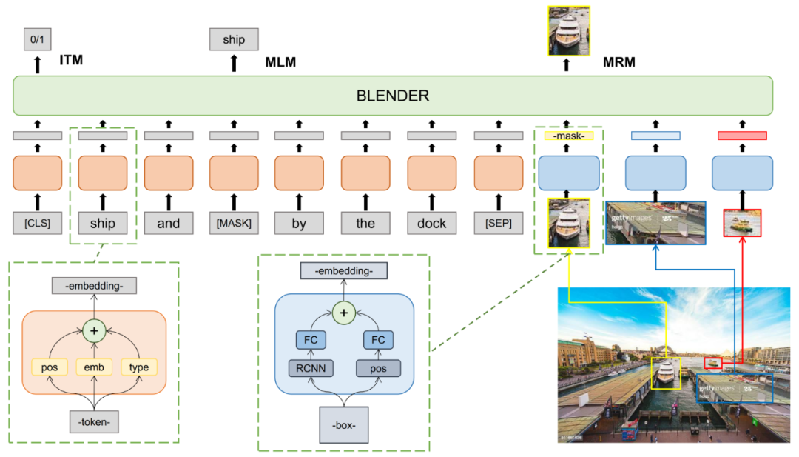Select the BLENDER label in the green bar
click(x=392, y=96)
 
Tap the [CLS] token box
click(x=37, y=223)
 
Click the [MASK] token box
click(x=234, y=223)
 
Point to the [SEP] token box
click(x=498, y=223)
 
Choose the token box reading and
click(x=168, y=223)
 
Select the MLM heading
click(x=280, y=62)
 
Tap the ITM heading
click(x=71, y=60)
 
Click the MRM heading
click(x=619, y=62)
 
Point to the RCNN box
click(x=310, y=368)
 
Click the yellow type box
click(x=139, y=367)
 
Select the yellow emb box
click(x=94, y=367)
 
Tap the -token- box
click(x=94, y=421)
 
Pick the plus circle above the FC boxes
click(x=343, y=313)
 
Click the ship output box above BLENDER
click(x=234, y=39)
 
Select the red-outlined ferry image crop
click(x=741, y=223)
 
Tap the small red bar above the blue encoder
click(x=741, y=136)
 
